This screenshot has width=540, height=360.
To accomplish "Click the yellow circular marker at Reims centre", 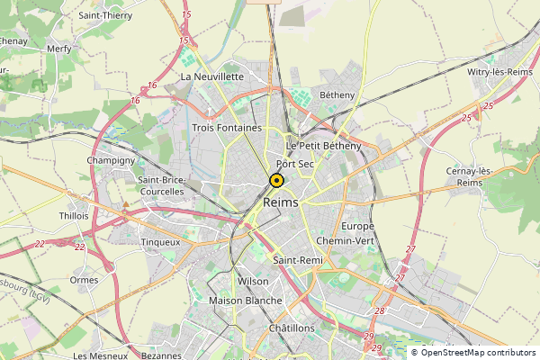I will (276, 180).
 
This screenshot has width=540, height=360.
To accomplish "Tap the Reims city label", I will (283, 203).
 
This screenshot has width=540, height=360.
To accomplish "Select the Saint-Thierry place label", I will (105, 15).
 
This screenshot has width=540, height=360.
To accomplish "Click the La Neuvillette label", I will (212, 77).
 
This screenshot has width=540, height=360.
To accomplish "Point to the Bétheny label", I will (337, 94).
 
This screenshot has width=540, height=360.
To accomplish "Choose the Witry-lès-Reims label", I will (500, 72).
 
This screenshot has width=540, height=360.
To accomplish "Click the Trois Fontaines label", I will (227, 128).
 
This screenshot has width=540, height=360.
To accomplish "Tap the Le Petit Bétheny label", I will (323, 146).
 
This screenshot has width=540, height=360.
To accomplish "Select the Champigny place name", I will (110, 160).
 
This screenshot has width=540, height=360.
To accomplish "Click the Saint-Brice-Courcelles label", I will (161, 185).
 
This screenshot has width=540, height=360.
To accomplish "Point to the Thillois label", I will (74, 216).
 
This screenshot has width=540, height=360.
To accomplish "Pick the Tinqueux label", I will (161, 242).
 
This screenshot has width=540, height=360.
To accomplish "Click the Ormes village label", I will (84, 280).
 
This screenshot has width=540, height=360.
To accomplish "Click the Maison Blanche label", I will (245, 301).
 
